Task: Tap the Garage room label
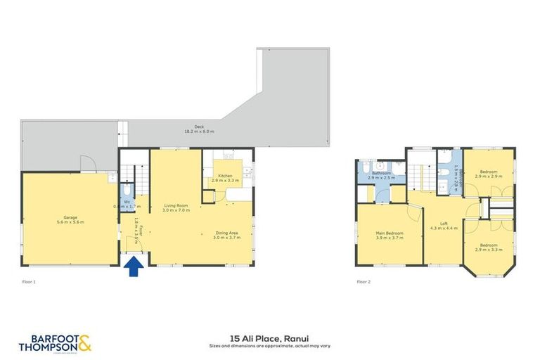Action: click(x=69, y=217)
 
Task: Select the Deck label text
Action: click(x=190, y=127)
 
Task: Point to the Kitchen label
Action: click(x=225, y=176)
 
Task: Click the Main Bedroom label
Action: click(x=388, y=233)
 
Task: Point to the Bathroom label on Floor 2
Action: click(x=381, y=173)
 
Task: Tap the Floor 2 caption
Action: click(x=363, y=281)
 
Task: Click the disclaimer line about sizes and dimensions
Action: click(x=269, y=346)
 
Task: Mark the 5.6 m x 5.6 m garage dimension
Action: click(x=69, y=221)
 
